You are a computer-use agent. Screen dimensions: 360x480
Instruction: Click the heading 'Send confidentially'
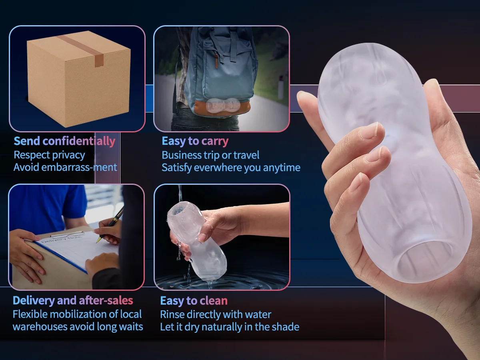point(64,141)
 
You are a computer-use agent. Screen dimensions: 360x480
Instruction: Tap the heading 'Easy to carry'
point(195,141)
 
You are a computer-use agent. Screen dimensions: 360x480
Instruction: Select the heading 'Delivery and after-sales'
point(73,300)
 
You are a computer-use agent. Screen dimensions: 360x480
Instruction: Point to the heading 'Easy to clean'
point(194,300)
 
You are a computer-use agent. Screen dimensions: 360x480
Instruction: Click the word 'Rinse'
point(173,314)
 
